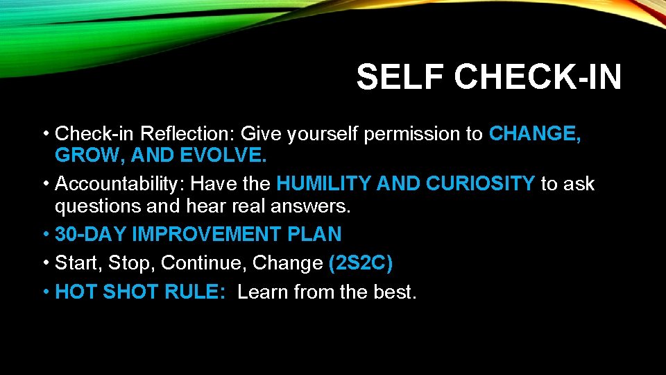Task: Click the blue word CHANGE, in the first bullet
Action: click(x=535, y=133)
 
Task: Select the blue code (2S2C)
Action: click(x=361, y=263)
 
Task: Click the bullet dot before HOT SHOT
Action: click(x=45, y=292)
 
